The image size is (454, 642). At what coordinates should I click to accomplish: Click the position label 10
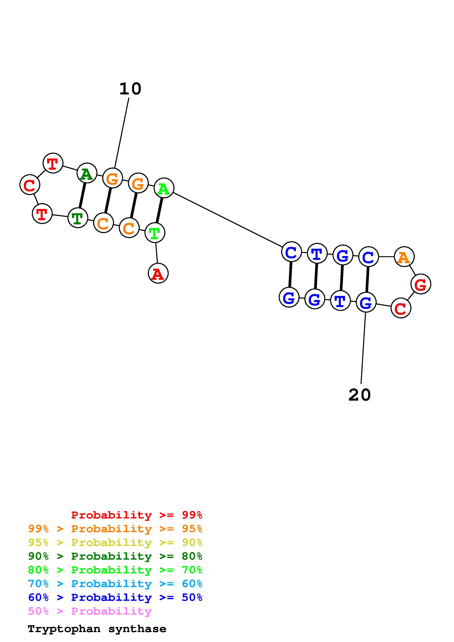pos(130,89)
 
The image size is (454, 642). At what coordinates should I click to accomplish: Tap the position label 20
pos(360,395)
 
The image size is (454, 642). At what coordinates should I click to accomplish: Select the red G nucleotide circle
pos(420,284)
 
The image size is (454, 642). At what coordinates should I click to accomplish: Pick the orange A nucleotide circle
pos(404,257)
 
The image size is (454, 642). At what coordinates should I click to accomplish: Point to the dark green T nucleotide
pos(78,218)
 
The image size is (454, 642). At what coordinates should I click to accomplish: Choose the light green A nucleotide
pos(164,188)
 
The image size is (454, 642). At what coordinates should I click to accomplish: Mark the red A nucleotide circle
pos(158,273)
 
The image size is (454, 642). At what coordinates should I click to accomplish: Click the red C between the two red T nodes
pos(30,185)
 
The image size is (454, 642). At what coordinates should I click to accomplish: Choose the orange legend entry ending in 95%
pos(115,529)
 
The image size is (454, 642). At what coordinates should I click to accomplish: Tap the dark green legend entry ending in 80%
pos(115,556)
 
